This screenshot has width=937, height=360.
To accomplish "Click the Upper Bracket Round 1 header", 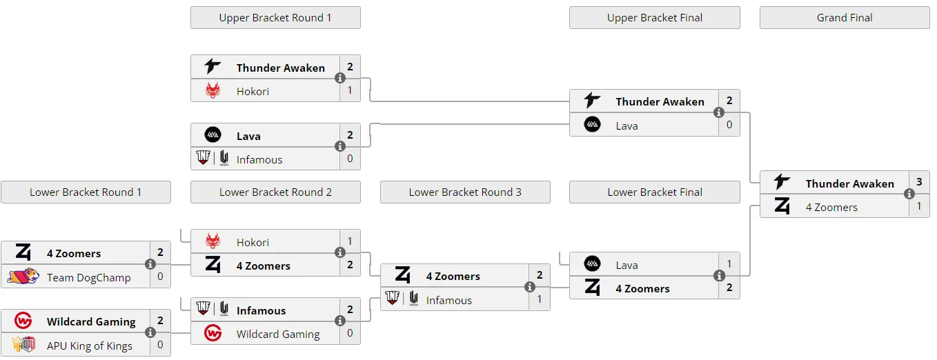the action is pos(275,17).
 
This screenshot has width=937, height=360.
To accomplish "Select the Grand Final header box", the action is pos(845,17).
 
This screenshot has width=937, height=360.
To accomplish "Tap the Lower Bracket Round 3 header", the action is pos(465,192).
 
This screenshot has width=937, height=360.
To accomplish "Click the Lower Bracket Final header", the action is pos(655,192).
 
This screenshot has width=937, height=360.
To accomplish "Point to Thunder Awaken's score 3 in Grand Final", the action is pos(919,182).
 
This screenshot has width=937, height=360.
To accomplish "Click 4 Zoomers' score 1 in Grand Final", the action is pos(919,206).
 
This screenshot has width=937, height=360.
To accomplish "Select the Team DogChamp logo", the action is pos(23,276).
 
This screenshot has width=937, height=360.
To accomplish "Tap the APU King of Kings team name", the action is pos(90,346).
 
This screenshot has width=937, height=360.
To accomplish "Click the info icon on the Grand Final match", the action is pos(909,194).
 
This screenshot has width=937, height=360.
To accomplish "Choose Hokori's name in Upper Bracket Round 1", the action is pos(253,91).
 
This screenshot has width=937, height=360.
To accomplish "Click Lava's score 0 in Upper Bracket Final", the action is pos(729,125).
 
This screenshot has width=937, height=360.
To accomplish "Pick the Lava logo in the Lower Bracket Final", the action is pos(592,264).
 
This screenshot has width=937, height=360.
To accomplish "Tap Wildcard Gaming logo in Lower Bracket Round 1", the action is pos(23,321).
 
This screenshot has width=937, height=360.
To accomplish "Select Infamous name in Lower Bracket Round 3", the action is pos(449,300).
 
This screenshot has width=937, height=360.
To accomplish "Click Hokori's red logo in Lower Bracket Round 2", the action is pos(213,241).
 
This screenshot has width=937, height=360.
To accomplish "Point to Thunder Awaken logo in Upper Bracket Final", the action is pos(592,101).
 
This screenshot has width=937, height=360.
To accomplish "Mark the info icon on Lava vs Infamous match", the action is pos(340,146).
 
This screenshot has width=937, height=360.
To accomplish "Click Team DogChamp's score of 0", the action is pos(160,277).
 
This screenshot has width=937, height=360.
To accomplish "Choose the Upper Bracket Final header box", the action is pos(655,17).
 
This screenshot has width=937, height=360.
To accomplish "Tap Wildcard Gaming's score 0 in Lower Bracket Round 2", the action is pos(350,333).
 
